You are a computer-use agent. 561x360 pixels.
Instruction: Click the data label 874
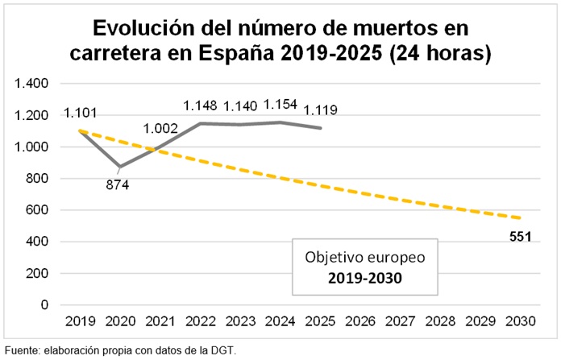click(x=118, y=184)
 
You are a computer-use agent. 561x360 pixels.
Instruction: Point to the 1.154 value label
click(x=281, y=105)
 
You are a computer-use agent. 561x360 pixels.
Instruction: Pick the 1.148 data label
click(x=201, y=106)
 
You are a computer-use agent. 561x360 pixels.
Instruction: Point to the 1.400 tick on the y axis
click(x=32, y=84)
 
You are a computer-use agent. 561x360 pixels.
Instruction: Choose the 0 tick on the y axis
click(x=46, y=305)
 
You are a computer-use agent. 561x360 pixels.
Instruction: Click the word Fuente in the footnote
click(x=23, y=350)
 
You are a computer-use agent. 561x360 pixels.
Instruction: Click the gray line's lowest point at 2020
click(x=120, y=167)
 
